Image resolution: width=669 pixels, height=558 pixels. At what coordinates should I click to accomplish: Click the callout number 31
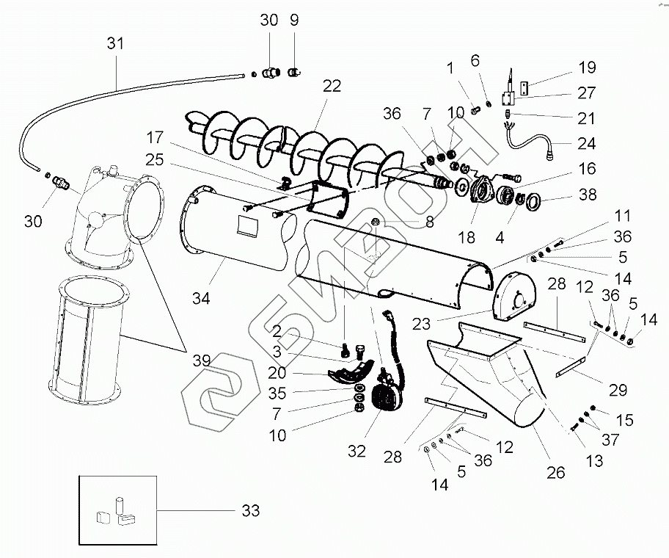click(x=115, y=45)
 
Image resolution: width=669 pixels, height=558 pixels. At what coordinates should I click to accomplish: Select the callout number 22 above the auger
click(x=332, y=87)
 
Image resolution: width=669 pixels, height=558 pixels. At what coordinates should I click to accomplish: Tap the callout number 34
click(x=201, y=298)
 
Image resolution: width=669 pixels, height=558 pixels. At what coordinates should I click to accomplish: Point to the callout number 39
click(x=201, y=360)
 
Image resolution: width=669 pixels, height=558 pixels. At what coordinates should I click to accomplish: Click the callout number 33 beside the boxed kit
click(x=250, y=511)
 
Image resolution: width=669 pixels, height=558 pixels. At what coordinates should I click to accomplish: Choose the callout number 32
click(x=357, y=452)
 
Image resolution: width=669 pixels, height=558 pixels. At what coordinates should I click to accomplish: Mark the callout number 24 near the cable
click(x=587, y=143)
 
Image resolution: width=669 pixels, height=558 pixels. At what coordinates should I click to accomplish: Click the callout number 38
click(x=587, y=196)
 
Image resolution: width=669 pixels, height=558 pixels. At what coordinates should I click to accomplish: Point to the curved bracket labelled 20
click(x=351, y=372)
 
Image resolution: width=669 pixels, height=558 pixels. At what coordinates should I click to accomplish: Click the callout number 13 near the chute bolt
click(x=595, y=461)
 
